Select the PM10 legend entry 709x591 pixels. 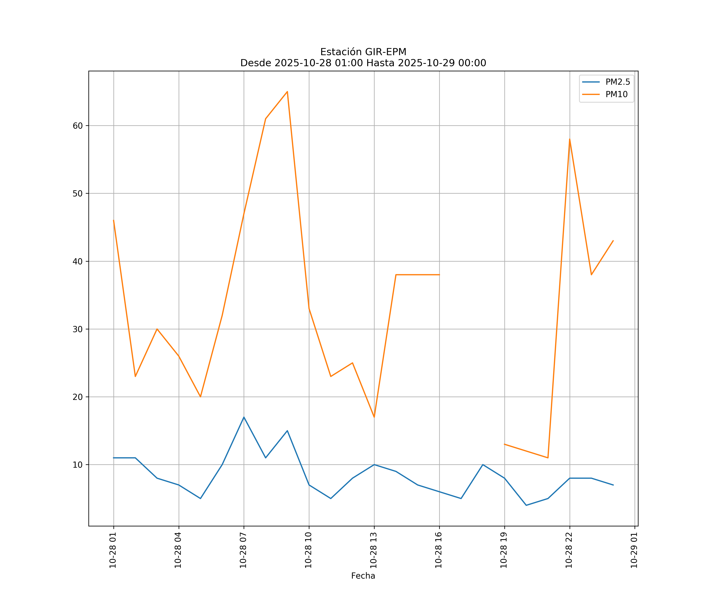click(x=616, y=95)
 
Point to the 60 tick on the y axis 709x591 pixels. click(x=78, y=126)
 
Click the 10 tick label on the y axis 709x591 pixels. click(x=78, y=465)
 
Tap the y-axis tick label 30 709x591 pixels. click(x=78, y=329)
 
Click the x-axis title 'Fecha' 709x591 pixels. click(x=363, y=576)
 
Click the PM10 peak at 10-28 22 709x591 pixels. click(x=570, y=139)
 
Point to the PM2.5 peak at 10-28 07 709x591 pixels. click(x=244, y=417)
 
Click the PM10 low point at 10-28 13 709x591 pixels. click(x=374, y=417)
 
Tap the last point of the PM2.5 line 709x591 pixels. click(x=613, y=485)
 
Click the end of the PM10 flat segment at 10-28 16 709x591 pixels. click(x=439, y=275)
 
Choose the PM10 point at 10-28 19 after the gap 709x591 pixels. click(x=504, y=444)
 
